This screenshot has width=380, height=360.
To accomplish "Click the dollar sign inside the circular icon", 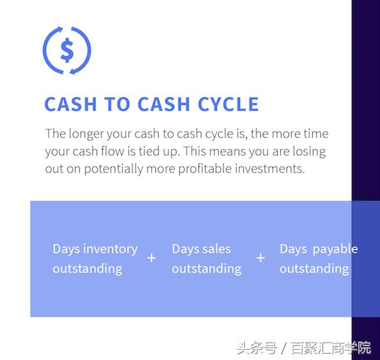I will point(67,49).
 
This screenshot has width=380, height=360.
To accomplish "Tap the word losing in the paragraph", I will point(308,152).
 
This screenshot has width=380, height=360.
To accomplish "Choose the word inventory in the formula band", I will point(111,249).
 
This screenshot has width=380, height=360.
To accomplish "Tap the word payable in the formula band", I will point(335,249).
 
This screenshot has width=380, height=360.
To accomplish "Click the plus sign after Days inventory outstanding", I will point(152,258).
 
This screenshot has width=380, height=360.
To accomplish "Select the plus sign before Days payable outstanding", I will point(260,258).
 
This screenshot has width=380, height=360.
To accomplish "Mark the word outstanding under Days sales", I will point(207,268).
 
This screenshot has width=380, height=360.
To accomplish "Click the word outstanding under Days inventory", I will point(88,268).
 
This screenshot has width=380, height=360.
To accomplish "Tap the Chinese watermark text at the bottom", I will point(304,348).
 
